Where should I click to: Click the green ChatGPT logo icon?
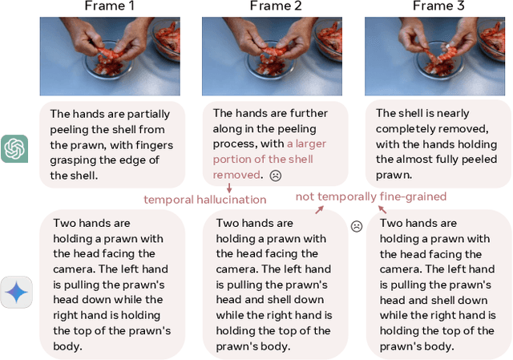[x=14, y=148]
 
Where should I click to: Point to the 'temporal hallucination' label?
[x=204, y=199]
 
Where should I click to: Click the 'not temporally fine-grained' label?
[x=371, y=196]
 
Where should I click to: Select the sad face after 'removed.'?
[x=275, y=175]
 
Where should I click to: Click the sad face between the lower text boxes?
[x=357, y=226]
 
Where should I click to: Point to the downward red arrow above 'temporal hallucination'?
[x=228, y=187]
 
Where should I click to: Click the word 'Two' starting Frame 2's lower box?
[x=229, y=223]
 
